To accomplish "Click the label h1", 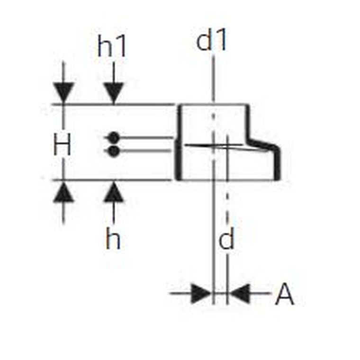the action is click(112, 46).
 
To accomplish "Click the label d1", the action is click(212, 39).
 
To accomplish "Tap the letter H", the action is click(62, 144).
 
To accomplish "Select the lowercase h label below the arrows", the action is click(113, 238).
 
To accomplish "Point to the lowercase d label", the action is click(226, 238).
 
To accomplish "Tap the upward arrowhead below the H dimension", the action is click(63, 192).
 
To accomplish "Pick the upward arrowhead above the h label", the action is click(114, 192).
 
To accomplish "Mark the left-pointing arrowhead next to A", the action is click(239, 293).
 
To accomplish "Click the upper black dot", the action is click(113, 138).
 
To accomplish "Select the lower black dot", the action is click(113, 151).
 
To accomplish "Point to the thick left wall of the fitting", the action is click(178, 143).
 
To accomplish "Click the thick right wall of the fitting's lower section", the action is click(278, 164).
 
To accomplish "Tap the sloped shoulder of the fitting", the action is click(262, 143).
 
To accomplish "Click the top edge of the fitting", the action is click(214, 105).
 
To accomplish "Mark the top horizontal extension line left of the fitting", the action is click(112, 105).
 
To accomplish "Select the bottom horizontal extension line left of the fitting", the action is click(112, 180).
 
